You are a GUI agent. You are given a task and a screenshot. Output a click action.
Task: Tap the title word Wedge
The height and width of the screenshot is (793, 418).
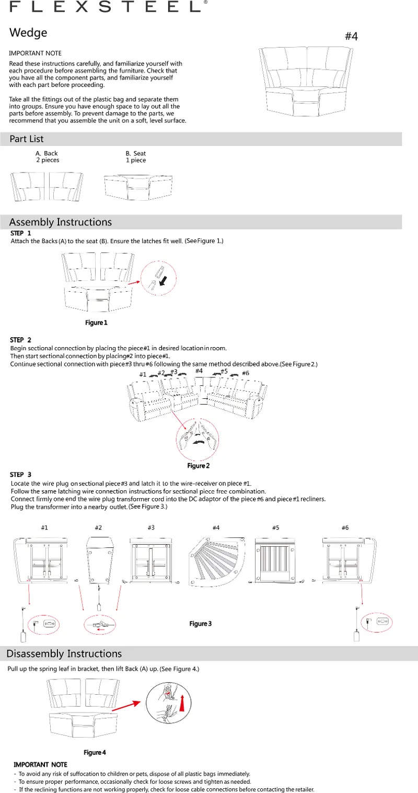(28, 33)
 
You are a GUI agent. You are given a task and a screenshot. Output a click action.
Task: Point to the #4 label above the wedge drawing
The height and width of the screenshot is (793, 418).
(351, 37)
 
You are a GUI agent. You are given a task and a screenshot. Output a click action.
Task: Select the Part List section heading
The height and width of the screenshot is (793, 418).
(27, 139)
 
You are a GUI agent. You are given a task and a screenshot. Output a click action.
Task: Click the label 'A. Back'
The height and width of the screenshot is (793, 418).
(47, 154)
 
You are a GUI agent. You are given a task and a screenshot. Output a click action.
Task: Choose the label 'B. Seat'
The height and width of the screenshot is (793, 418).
(136, 154)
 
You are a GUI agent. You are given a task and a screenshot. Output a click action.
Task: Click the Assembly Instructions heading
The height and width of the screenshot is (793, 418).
(61, 222)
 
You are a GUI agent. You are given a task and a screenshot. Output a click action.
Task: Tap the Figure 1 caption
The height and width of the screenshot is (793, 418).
(96, 323)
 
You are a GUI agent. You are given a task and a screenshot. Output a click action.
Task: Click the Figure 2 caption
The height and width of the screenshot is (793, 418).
(199, 466)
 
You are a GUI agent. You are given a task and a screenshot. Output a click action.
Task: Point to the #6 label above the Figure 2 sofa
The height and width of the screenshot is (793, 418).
(246, 373)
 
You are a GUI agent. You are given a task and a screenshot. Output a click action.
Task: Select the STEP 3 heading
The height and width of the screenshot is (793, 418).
(21, 475)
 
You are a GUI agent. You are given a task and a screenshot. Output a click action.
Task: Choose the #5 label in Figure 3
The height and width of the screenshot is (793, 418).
(276, 528)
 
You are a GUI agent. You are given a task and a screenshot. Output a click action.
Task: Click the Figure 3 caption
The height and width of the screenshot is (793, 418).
(200, 624)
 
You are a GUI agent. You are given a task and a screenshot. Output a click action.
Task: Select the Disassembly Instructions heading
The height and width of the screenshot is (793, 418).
(64, 654)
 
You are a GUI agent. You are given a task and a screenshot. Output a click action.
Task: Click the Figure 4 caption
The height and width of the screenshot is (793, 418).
(95, 753)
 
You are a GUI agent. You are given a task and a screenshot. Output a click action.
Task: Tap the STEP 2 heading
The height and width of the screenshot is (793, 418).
(21, 340)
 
